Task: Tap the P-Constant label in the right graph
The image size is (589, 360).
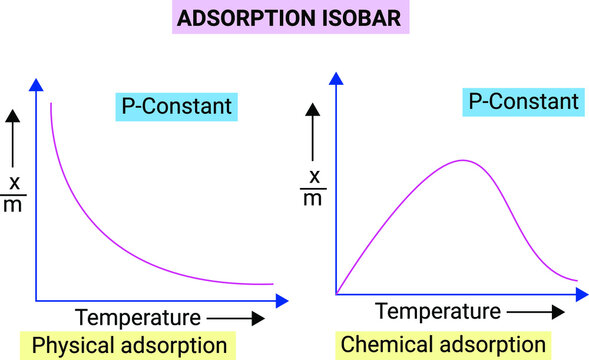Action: coord(521,101)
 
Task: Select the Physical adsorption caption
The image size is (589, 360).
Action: coord(131,346)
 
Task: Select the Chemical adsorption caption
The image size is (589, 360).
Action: coord(444,345)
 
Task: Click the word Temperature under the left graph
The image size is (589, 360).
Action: coord(138,319)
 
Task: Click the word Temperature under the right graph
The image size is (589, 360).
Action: coord(439,311)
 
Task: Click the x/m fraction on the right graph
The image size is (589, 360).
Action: coord(314,187)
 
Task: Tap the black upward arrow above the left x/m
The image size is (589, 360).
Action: coord(13,138)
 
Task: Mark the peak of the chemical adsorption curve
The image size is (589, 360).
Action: coord(462,160)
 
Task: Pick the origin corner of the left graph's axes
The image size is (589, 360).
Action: coord(36,299)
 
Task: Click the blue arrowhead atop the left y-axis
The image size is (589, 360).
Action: coord(36,84)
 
